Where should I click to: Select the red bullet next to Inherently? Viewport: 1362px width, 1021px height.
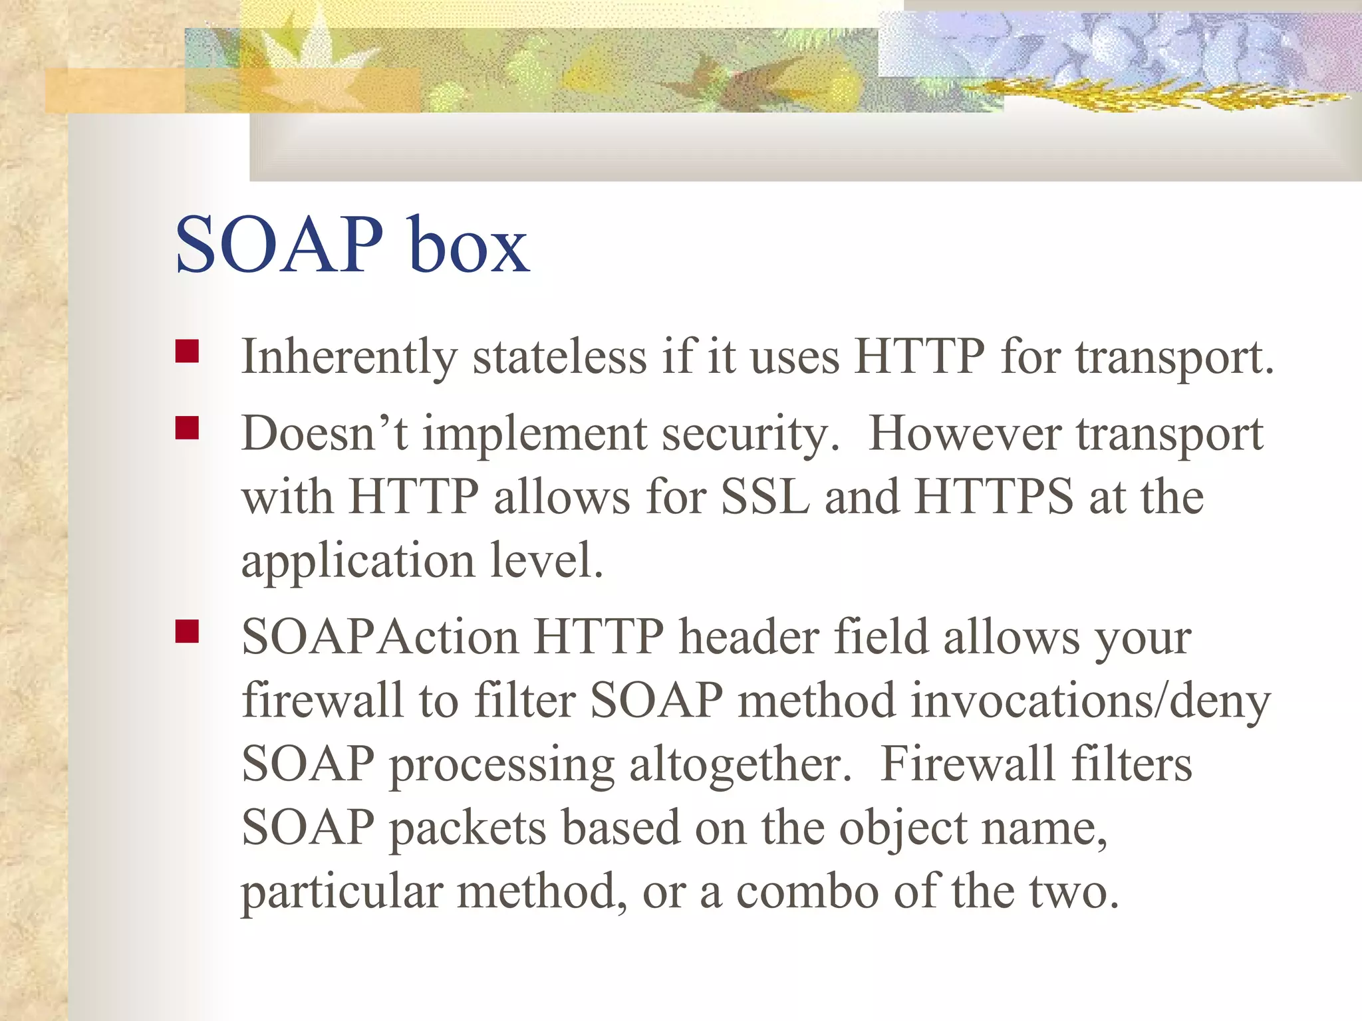pyautogui.click(x=188, y=351)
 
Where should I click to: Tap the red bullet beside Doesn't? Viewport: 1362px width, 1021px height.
pyautogui.click(x=188, y=428)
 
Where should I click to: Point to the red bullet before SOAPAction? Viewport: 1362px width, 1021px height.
pyautogui.click(x=188, y=631)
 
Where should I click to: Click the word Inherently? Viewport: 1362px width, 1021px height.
pyautogui.click(x=349, y=358)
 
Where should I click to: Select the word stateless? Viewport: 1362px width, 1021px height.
pyautogui.click(x=559, y=358)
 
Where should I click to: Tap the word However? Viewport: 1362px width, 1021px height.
pyautogui.click(x=964, y=433)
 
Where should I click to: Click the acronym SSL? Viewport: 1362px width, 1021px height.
pyautogui.click(x=765, y=497)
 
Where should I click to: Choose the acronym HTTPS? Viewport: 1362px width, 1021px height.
pyautogui.click(x=994, y=497)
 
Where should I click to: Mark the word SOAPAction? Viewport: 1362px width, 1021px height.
pyautogui.click(x=380, y=637)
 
